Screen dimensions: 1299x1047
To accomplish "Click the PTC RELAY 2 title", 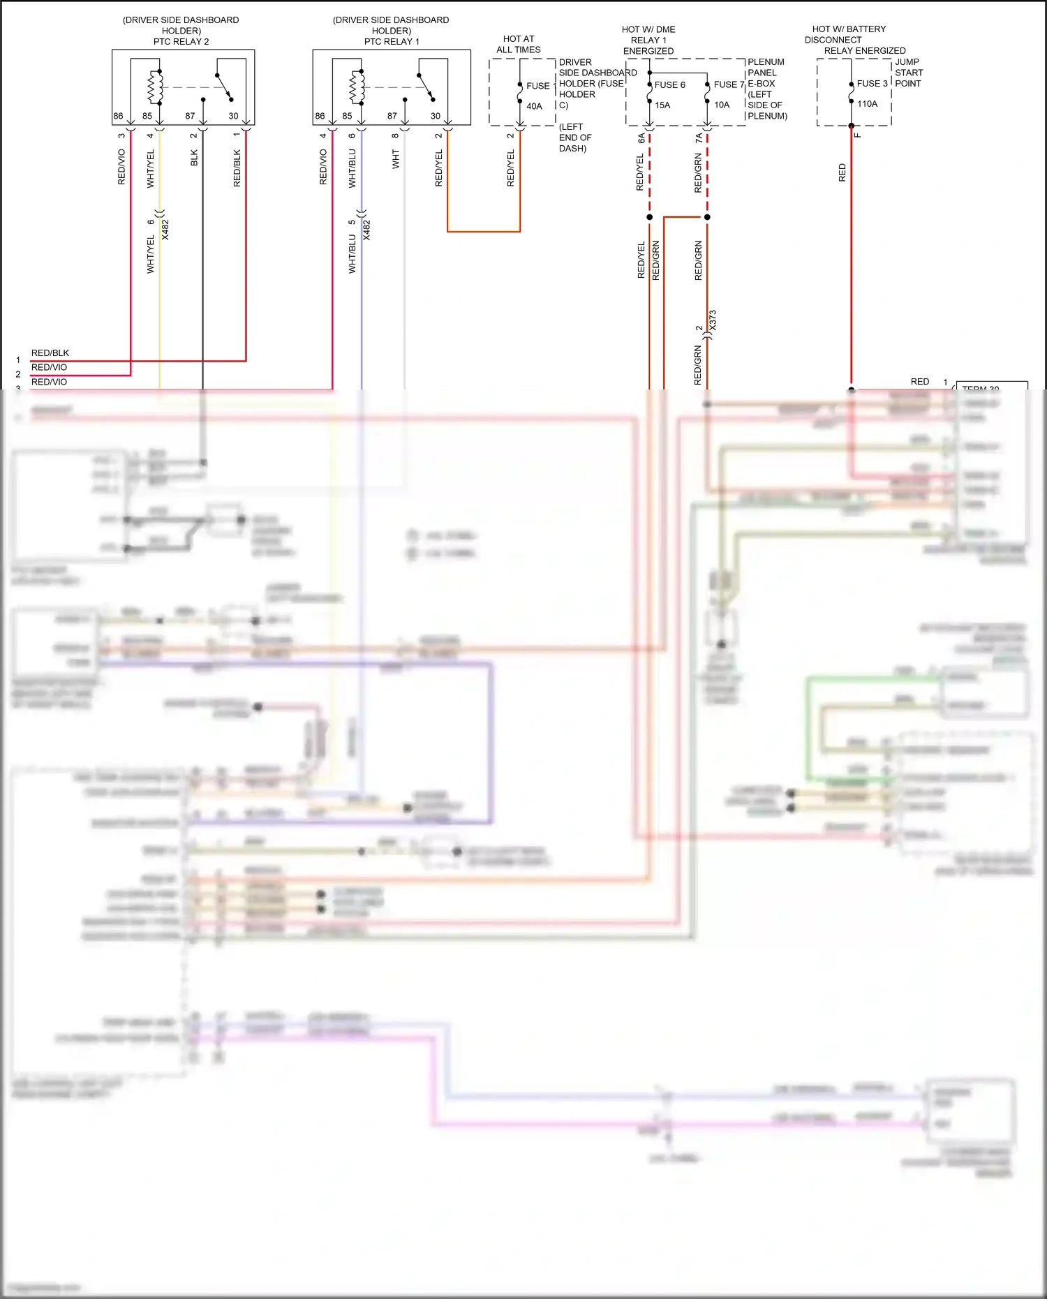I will [x=181, y=42].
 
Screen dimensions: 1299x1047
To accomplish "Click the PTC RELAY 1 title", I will [x=392, y=42].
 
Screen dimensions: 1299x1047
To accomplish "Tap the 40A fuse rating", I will [x=534, y=107].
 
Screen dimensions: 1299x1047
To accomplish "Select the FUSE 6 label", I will [x=669, y=85].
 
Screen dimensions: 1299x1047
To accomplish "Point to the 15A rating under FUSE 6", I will [x=662, y=105].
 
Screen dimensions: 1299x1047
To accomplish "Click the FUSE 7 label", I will [x=729, y=85].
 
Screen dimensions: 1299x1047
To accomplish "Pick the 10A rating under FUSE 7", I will [x=722, y=105].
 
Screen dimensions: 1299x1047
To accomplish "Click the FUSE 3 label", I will [x=872, y=84].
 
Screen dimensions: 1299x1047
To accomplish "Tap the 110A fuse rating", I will [x=867, y=104].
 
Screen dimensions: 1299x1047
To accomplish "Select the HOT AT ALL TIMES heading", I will [x=518, y=45].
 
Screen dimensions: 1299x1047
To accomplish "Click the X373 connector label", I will [x=713, y=321].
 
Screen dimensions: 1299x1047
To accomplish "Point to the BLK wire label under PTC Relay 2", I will [x=194, y=158].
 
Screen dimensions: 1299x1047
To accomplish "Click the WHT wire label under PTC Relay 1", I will [x=396, y=159].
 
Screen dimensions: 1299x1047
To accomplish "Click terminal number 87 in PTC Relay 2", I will [x=190, y=117].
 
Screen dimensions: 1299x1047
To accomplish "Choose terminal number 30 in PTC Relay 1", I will [x=435, y=117].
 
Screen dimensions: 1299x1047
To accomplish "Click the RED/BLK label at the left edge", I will [x=50, y=353].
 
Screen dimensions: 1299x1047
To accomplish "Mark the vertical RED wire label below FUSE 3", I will [x=842, y=173].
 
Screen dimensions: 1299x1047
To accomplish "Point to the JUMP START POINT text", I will [x=908, y=73].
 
